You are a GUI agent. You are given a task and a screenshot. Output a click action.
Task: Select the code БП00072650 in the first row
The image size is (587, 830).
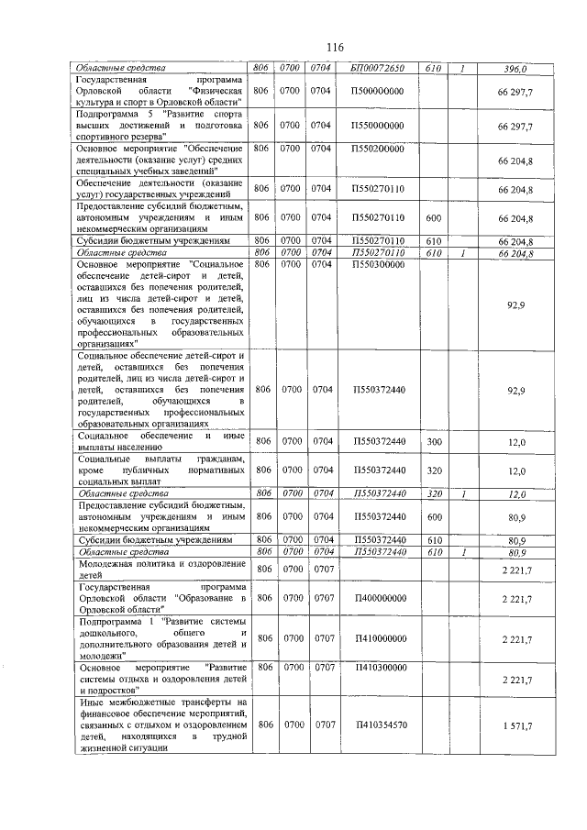(376, 68)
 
